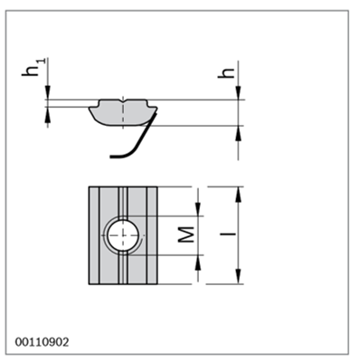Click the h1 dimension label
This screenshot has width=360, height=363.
33,67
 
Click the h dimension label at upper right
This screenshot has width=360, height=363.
226,72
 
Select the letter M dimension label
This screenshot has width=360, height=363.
185,234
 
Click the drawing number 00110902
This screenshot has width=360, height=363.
42,342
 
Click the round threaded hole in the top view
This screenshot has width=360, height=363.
123,235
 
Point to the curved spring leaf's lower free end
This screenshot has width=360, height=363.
112,157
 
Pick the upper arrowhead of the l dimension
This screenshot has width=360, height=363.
239,195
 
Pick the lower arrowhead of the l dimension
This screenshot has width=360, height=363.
239,276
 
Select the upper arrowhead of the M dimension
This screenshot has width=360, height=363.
198,208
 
